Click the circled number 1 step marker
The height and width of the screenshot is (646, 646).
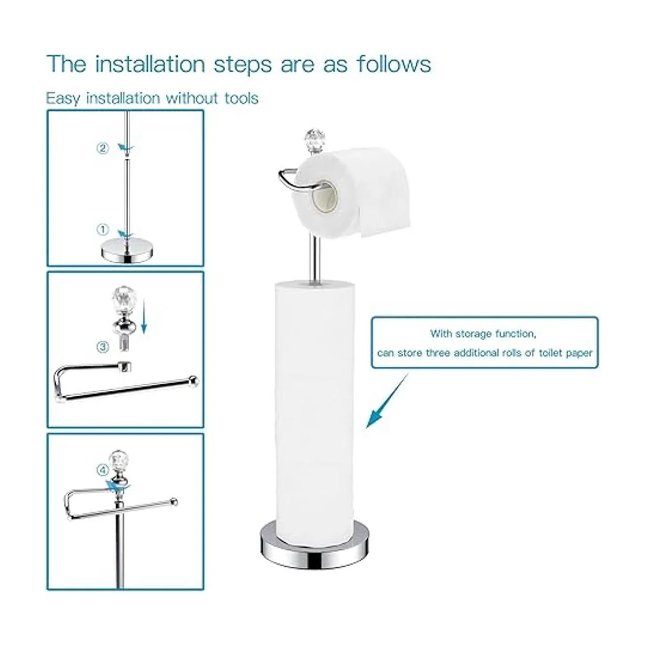click(103, 230)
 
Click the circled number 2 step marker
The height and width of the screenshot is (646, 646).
click(103, 148)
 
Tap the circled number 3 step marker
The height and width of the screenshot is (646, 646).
click(103, 347)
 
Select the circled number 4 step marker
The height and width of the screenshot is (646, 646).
click(103, 471)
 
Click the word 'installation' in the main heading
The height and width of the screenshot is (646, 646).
click(150, 64)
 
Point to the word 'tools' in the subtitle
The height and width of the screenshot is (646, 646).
click(241, 98)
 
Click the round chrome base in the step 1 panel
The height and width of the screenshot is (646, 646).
click(125, 251)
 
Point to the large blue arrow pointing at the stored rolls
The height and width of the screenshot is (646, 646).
click(387, 401)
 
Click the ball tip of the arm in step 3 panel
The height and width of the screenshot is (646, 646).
click(194, 381)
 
